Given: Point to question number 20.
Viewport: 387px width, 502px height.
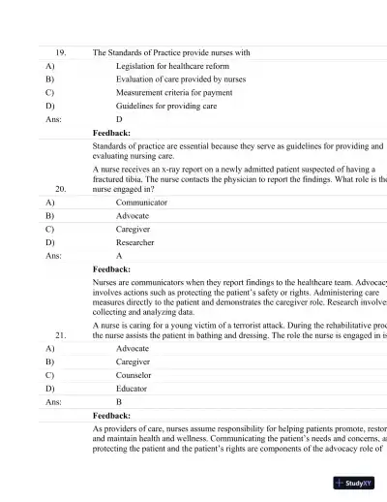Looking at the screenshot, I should coord(61,189).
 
